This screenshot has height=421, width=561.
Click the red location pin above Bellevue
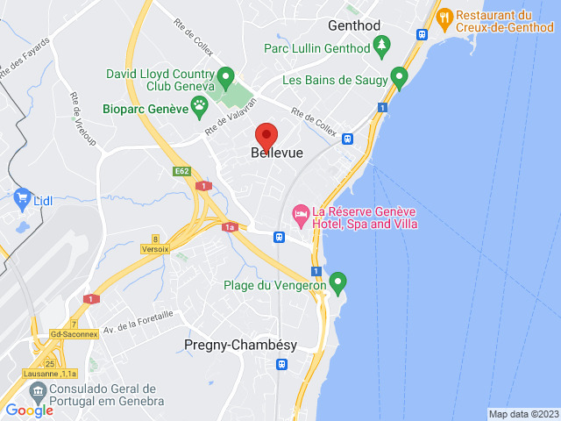pyautogui.click(x=266, y=137)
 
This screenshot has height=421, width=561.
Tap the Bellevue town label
pyautogui.click(x=277, y=153)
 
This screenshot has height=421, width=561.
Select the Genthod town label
pyautogui.click(x=354, y=25)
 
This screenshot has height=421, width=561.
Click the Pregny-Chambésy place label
pyautogui.click(x=240, y=345)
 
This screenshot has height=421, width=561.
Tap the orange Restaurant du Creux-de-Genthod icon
pyautogui.click(x=444, y=17)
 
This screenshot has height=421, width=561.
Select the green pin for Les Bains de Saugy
pyautogui.click(x=400, y=79)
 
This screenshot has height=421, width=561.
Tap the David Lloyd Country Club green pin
pyautogui.click(x=224, y=77)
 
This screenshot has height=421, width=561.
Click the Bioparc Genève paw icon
pyautogui.click(x=200, y=108)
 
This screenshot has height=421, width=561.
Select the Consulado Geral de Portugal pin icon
pyautogui.click(x=39, y=392)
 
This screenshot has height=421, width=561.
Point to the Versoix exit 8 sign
pyautogui.click(x=154, y=244)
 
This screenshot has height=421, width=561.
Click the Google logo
pyautogui.click(x=29, y=410)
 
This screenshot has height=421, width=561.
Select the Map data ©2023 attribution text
pyautogui.click(x=522, y=414)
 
